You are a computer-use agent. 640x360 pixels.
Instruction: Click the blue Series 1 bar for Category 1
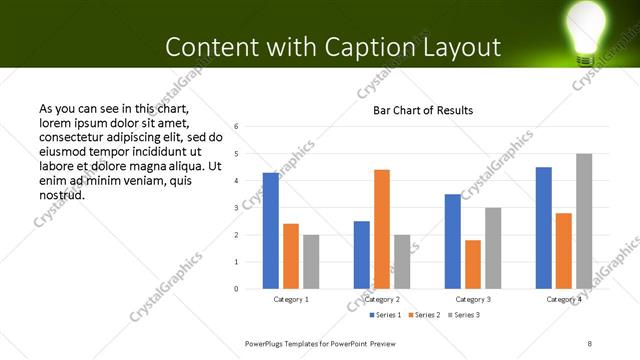point(271,231)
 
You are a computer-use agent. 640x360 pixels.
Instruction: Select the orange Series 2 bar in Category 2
point(382,229)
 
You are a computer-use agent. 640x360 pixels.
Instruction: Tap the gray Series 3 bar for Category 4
point(584,221)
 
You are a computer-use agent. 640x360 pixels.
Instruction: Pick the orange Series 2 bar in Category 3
point(473,264)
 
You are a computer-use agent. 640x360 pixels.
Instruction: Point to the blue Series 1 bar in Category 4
point(544,228)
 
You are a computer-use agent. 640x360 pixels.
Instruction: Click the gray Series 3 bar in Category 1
point(311,262)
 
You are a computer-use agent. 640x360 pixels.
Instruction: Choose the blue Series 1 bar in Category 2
point(362,255)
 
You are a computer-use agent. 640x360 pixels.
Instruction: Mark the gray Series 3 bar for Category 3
point(493,248)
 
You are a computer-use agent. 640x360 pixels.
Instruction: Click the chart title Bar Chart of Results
point(423,110)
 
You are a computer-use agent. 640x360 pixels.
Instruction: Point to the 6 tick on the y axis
point(236,127)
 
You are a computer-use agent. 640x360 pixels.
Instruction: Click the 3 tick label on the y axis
point(236,208)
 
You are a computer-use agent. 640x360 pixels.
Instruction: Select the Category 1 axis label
point(291,299)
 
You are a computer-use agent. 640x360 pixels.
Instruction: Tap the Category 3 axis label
point(473,299)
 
